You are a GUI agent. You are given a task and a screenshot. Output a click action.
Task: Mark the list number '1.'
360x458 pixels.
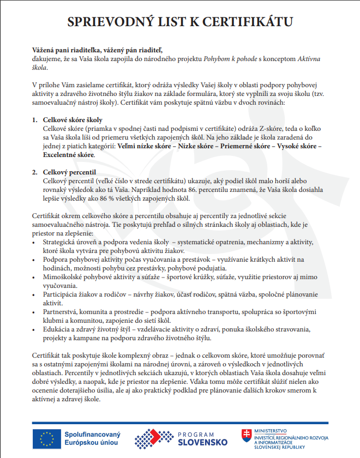click(x=35, y=119)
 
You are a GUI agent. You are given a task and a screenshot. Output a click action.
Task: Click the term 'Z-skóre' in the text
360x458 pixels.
click(x=242, y=128)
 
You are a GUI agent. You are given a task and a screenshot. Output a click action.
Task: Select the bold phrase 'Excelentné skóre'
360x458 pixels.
click(x=69, y=155)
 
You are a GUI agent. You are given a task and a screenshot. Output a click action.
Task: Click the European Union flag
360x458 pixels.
click(x=46, y=438)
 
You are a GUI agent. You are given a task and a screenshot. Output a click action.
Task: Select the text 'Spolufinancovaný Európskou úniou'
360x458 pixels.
click(x=92, y=438)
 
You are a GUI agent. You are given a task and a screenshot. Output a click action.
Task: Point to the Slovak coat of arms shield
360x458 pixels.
click(x=247, y=436)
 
